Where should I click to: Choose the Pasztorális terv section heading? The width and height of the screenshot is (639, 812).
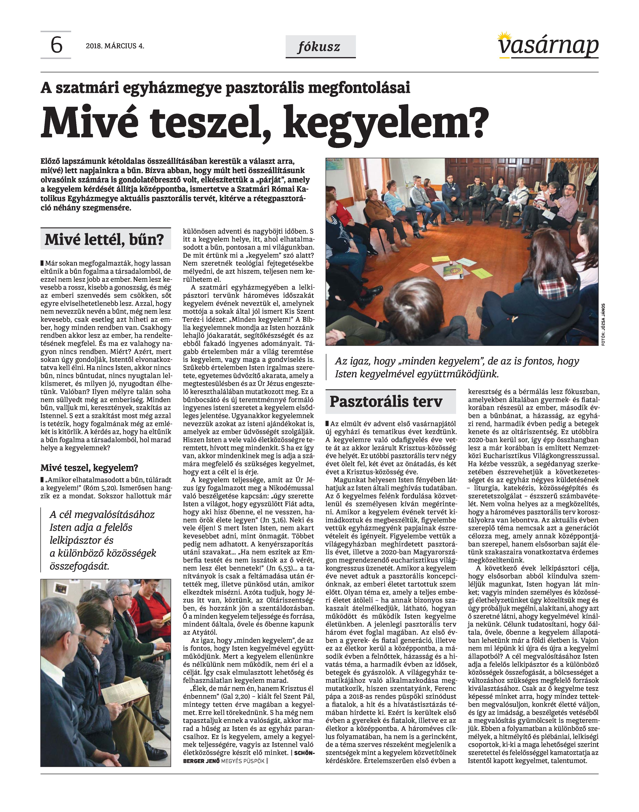(x=386, y=402)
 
